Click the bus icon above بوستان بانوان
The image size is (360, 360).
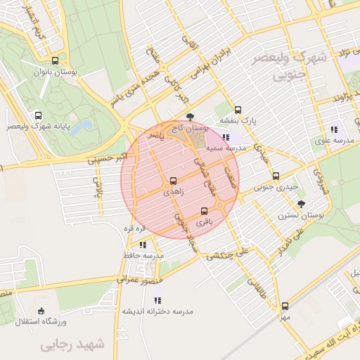(56, 60)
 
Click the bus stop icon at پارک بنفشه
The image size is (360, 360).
(238, 110)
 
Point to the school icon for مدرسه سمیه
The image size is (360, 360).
(226, 138)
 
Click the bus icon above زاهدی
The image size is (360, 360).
(174, 181)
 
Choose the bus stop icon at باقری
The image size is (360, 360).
(204, 211)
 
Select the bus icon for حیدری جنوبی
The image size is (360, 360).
(276, 176)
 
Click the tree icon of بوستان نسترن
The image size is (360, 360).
(302, 204)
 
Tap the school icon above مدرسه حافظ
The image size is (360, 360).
(143, 245)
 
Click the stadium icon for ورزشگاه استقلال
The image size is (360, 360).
(41, 311)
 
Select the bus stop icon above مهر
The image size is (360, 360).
(285, 306)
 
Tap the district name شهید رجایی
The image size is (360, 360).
(72, 345)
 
